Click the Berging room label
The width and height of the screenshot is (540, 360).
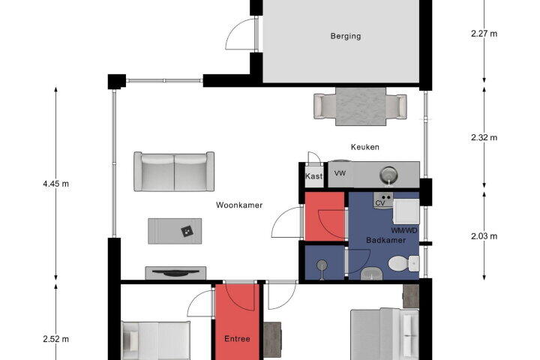[346, 36]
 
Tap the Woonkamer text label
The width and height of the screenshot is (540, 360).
[239, 205]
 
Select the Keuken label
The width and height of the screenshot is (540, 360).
[365, 147]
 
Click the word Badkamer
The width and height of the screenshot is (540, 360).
[385, 240]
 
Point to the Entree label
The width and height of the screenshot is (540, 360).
[237, 339]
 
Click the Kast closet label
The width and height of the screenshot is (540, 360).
[313, 176]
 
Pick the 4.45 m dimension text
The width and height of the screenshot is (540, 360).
[55, 184]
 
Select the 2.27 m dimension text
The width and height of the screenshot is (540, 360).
[484, 34]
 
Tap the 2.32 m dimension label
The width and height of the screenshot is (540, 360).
[484, 137]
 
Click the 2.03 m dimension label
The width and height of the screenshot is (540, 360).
[484, 236]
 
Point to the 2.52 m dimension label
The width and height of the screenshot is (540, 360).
[55, 339]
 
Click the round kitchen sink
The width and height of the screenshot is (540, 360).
[389, 175]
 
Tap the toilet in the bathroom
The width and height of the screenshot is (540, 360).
[403, 263]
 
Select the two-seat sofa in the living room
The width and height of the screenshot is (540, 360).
[174, 171]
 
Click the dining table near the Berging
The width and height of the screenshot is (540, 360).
[361, 106]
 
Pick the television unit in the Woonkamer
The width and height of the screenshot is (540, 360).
[175, 273]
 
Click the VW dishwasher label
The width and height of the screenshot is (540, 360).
[340, 173]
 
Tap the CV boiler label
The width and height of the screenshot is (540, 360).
[379, 203]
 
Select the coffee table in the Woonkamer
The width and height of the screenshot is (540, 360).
[175, 231]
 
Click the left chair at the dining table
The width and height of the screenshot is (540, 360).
[325, 106]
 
